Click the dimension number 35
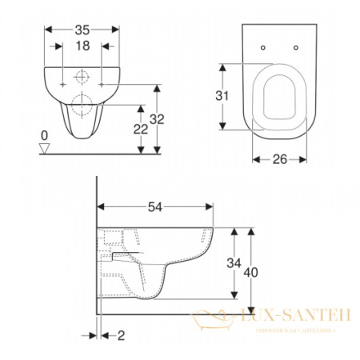(81, 29)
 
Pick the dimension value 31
(226, 96)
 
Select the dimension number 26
(279, 159)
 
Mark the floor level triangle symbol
(45, 149)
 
